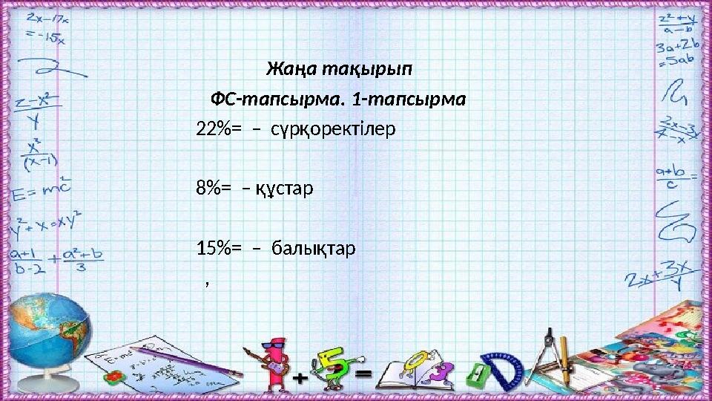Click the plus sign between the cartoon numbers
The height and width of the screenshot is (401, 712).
(x=300, y=378)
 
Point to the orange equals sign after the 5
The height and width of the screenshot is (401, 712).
(x=363, y=375)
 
